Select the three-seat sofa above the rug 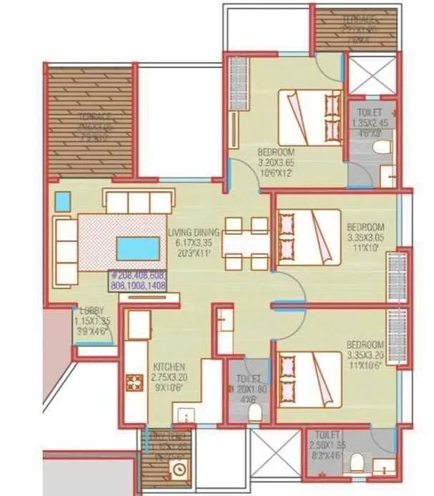pyautogui.click(x=138, y=201)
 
